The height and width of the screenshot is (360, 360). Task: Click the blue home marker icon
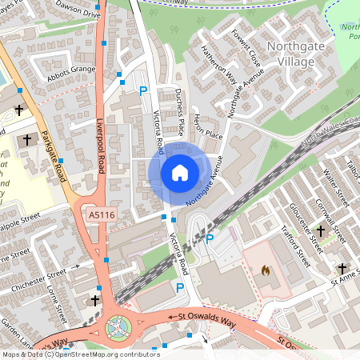pyautogui.click(x=179, y=173)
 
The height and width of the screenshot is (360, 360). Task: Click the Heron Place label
pyautogui.click(x=206, y=134)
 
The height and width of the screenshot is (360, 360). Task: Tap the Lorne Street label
pyautogui.click(x=58, y=297)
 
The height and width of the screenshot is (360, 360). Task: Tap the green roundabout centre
pyautogui.click(x=118, y=326)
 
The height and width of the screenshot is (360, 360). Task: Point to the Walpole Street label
pyautogui.click(x=20, y=218)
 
